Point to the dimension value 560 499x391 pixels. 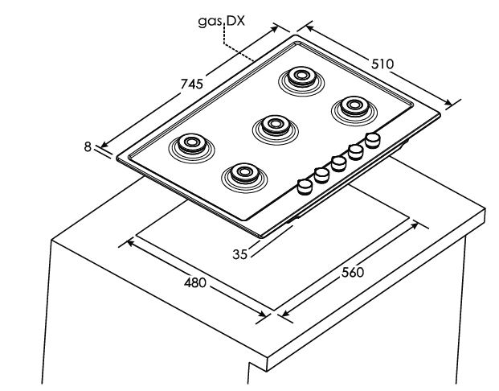tap(351, 272)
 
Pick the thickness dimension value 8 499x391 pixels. tap(87, 146)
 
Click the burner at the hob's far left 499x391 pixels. tap(191, 145)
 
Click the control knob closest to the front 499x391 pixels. tap(305, 187)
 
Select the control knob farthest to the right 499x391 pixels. tap(372, 140)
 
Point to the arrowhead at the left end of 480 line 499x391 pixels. tap(123, 241)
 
